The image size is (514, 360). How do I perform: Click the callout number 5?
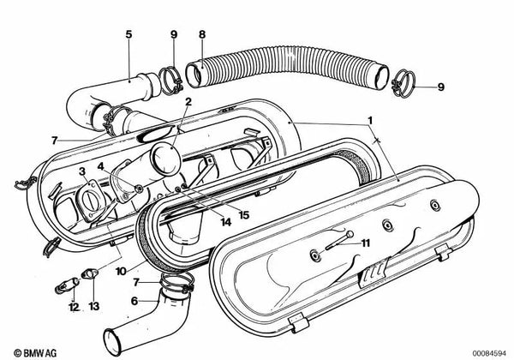coord(128,34)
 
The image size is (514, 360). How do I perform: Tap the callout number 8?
coord(202,34)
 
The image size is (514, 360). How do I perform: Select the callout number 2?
coord(188,102)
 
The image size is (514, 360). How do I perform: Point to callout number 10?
coord(121,271)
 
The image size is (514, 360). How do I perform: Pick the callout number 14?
coord(226,222)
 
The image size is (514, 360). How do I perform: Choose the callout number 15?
coord(244,215)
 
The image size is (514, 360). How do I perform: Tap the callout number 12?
coord(74,307)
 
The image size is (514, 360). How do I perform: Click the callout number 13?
coord(93,307)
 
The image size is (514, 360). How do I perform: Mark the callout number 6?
coord(134,301)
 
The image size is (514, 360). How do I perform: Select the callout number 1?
coord(370,121)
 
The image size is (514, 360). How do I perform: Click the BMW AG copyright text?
coord(35,353)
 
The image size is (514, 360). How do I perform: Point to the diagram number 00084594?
coord(489,353)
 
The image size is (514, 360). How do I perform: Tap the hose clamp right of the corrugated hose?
coord(403,84)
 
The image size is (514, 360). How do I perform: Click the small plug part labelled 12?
coord(67,285)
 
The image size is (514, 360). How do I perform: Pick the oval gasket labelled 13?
coord(88,273)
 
